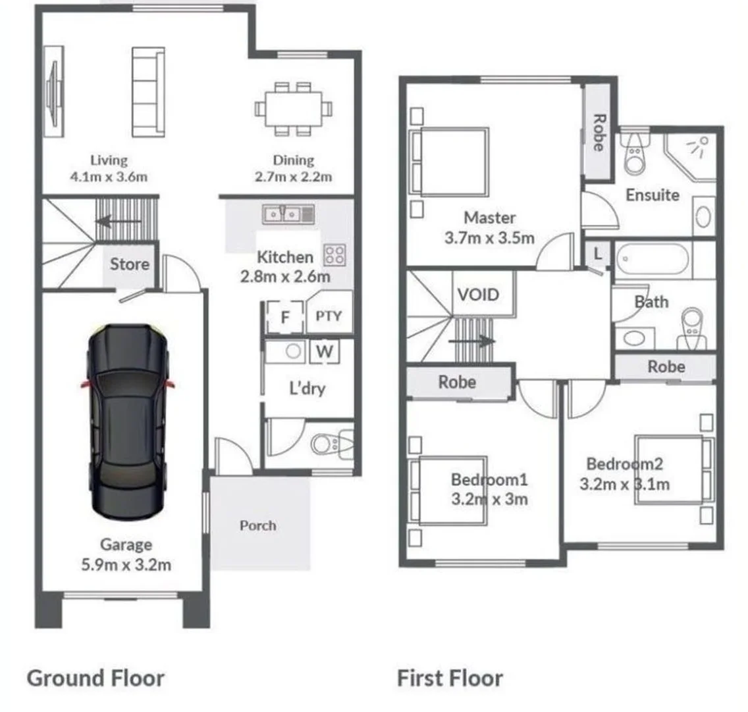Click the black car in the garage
pos(128,422)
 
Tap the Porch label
pos(257,525)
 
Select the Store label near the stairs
pos(129,264)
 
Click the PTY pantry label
pos(329,316)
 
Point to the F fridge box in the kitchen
pos(285,318)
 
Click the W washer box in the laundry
pos(324,351)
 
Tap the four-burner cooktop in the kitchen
pos(334,255)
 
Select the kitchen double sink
pos(288,214)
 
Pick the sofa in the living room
pos(147,92)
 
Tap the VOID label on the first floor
pos(477,294)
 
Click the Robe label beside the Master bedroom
pos(599,133)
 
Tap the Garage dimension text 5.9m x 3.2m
pos(126,564)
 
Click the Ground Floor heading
pos(95,678)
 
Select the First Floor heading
pos(450,678)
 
